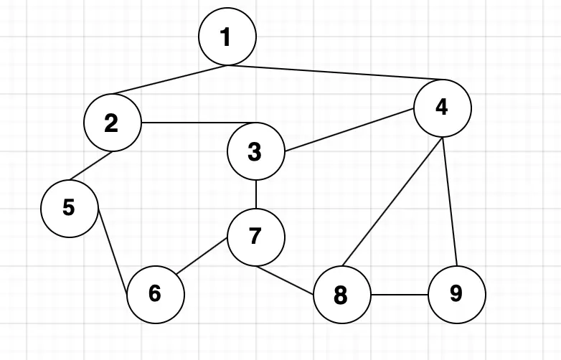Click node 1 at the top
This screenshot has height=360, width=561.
pyautogui.click(x=227, y=37)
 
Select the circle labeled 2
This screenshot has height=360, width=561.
pyautogui.click(x=112, y=123)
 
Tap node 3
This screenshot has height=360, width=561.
pyautogui.click(x=255, y=151)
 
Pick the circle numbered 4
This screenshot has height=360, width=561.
pyautogui.click(x=442, y=108)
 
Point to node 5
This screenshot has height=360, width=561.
pyautogui.click(x=69, y=208)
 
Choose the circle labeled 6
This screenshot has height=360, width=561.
pyautogui.click(x=155, y=293)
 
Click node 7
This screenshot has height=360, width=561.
pyautogui.click(x=255, y=237)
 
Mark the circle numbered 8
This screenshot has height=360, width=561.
pyautogui.click(x=341, y=294)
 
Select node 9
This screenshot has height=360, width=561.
pyautogui.click(x=456, y=293)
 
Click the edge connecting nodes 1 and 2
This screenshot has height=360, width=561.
pyautogui.click(x=171, y=80)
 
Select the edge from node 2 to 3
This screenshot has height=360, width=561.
pyautogui.click(x=198, y=123)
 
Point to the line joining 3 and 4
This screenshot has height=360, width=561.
pyautogui.click(x=350, y=130)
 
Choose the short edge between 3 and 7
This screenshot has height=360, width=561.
pyautogui.click(x=256, y=194)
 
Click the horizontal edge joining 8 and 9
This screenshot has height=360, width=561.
pyautogui.click(x=399, y=294)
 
